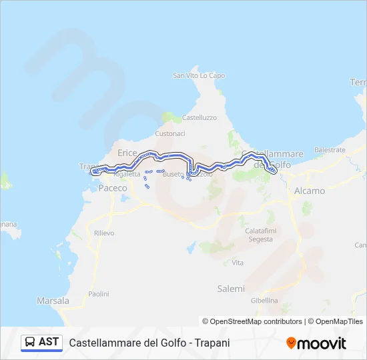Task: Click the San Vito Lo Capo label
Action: click(199, 76)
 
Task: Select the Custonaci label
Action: click(170, 133)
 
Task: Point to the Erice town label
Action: click(127, 153)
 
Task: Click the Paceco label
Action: click(112, 189)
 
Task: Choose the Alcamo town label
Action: click(310, 191)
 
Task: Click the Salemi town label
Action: click(231, 289)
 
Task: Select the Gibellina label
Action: click(264, 301)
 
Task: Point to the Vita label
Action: click(238, 263)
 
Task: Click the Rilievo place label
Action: click(104, 233)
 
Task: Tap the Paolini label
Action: click(99, 293)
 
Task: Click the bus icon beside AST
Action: click(30, 342)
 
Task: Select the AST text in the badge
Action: click(49, 342)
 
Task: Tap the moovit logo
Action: click(316, 343)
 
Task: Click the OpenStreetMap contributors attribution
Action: click(252, 321)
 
